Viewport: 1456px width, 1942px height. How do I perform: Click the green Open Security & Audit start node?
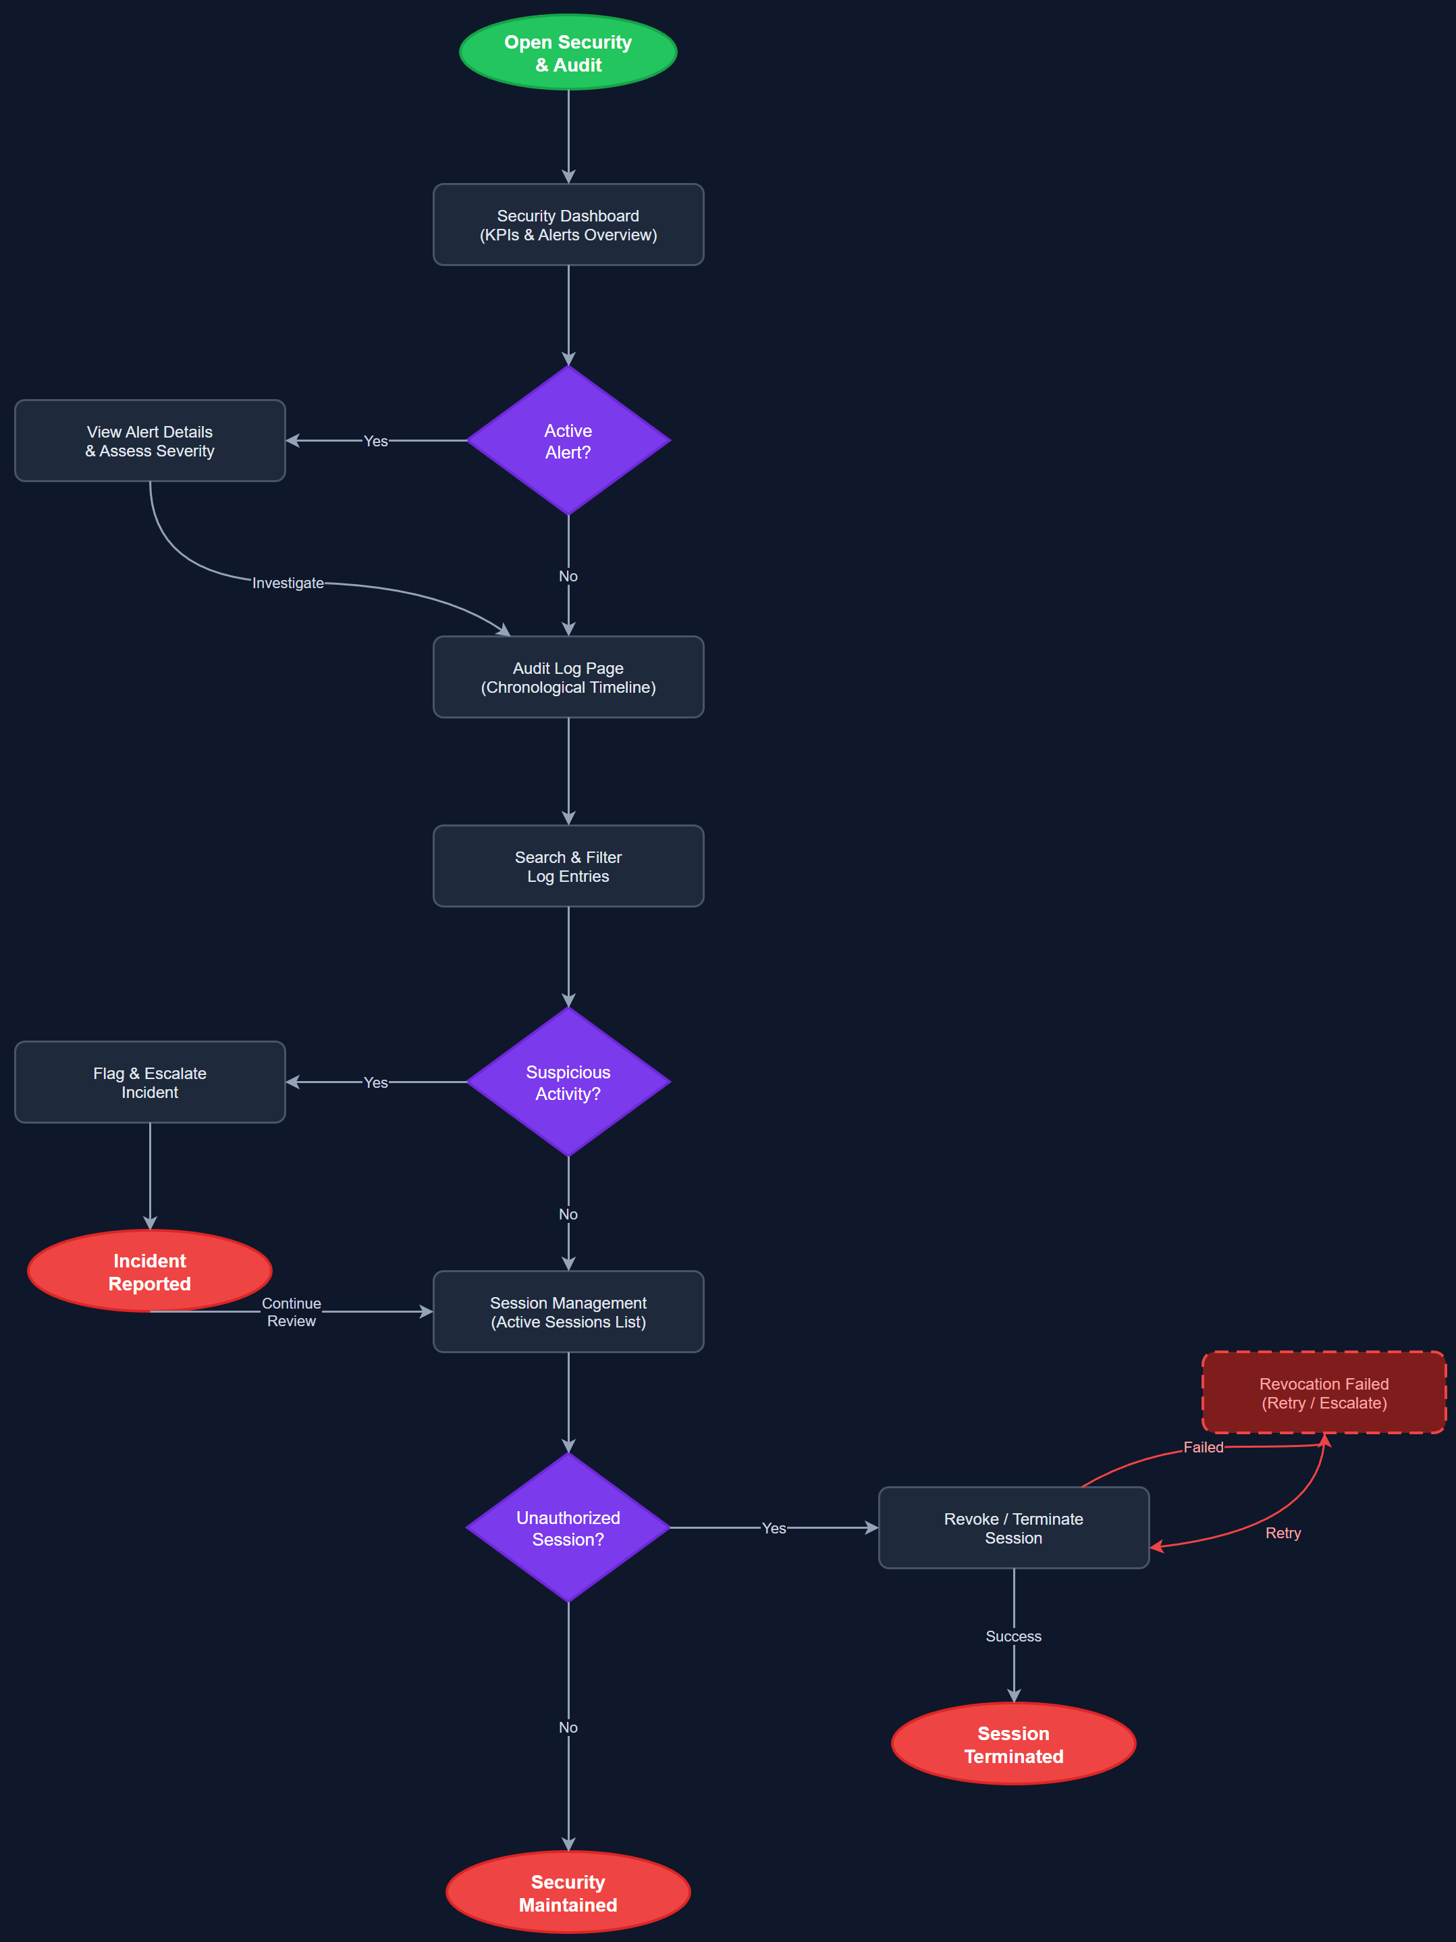pos(568,53)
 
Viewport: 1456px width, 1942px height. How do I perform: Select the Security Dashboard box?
pos(568,225)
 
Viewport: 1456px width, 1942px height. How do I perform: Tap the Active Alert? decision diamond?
pos(568,441)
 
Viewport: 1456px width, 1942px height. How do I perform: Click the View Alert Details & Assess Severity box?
pos(150,441)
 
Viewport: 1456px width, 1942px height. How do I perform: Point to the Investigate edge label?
pos(288,583)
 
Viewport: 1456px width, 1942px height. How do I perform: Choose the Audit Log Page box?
pos(568,677)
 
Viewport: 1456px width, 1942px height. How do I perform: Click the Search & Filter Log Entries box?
pos(568,866)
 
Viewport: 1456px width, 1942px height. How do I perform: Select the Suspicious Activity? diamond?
pos(568,1082)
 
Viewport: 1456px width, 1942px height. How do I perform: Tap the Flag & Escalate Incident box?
pos(150,1082)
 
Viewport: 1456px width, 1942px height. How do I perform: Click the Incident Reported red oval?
pos(150,1271)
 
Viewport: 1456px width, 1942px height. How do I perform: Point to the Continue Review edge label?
pos(292,1311)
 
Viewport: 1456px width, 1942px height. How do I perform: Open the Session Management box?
pos(568,1311)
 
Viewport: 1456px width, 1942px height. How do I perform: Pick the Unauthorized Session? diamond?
pos(568,1527)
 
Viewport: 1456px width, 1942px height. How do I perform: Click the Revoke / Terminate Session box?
pos(1014,1527)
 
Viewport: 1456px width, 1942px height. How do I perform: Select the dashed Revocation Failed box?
pos(1324,1392)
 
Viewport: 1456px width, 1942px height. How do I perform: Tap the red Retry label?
pos(1283,1533)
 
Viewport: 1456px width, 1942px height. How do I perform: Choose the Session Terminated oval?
pos(1014,1743)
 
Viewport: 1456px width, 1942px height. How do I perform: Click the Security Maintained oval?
pos(568,1892)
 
